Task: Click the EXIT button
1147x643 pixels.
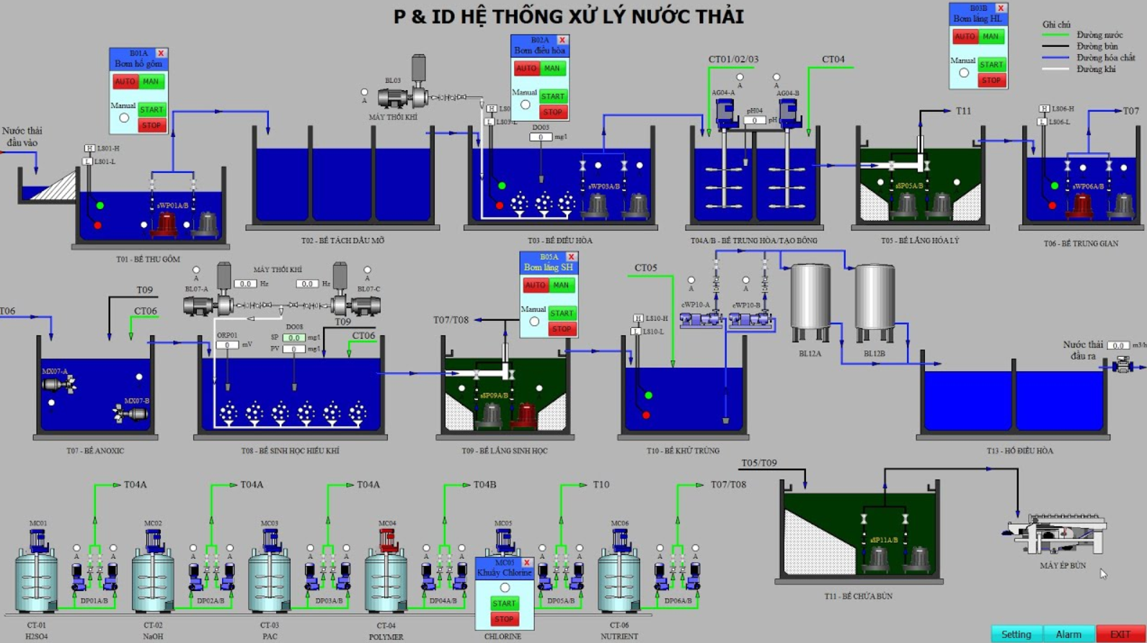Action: pos(1120,634)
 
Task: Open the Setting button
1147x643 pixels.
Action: pos(1016,634)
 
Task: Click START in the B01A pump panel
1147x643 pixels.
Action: pos(151,110)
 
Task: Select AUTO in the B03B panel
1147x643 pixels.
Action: pos(965,37)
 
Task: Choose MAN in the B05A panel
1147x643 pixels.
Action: pos(561,285)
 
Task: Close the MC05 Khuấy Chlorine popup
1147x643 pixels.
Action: pos(527,562)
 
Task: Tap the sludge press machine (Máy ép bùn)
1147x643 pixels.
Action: pos(1058,535)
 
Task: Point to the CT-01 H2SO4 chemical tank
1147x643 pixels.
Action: pos(36,580)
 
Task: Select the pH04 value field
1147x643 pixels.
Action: pos(754,120)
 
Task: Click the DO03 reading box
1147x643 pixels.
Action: pos(540,137)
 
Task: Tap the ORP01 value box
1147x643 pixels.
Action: pos(226,345)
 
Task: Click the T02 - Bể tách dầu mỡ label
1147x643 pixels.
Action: pos(342,241)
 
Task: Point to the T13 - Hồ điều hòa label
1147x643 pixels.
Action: pos(1019,451)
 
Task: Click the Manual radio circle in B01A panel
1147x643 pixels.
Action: pos(124,117)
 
